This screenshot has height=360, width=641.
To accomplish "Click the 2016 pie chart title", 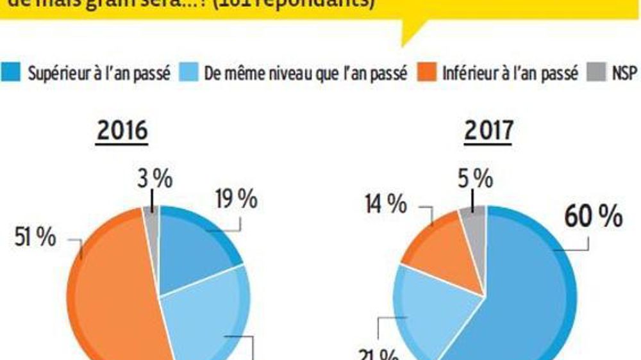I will tap(122, 131).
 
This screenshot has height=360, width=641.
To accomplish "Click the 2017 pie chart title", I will tap(489, 131).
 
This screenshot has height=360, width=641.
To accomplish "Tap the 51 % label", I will tap(35, 238).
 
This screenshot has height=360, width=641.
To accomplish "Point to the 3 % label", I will tap(154, 180).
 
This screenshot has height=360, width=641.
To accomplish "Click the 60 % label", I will tap(593, 217).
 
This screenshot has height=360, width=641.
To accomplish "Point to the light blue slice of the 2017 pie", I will tap(429, 307).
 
